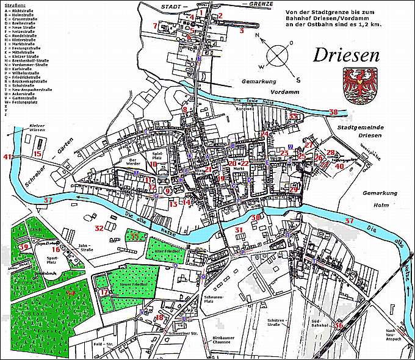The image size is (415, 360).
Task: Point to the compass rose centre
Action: (x=278, y=56)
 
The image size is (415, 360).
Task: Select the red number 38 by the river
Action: (x=333, y=112)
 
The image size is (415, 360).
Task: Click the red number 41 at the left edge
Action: (x=7, y=157)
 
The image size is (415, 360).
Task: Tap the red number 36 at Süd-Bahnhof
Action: (x=338, y=325)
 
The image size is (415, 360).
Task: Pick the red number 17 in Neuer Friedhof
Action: (x=104, y=292)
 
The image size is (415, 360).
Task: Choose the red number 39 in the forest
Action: (x=24, y=247)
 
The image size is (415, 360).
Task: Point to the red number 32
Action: (x=99, y=228)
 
